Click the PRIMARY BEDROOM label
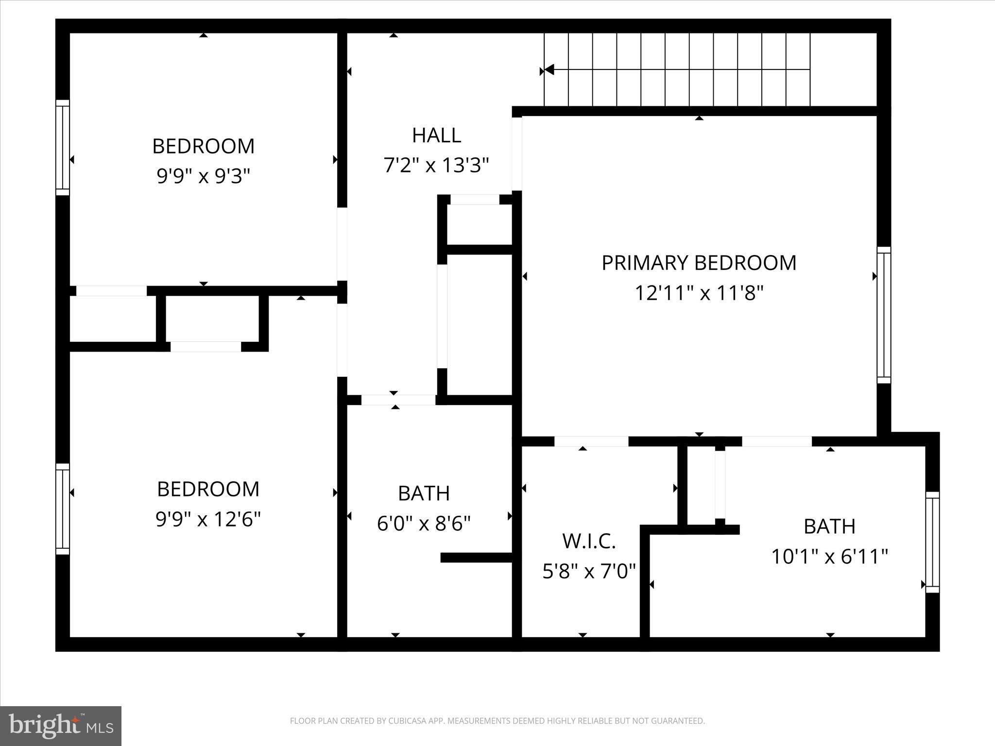tap(699, 263)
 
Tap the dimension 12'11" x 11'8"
tap(699, 293)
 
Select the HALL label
tap(436, 135)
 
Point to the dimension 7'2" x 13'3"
tap(436, 165)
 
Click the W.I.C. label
tap(589, 541)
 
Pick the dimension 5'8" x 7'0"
tap(589, 571)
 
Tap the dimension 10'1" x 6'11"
tap(829, 556)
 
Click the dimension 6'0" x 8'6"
tap(424, 524)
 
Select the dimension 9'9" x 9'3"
tap(203, 176)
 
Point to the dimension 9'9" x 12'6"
tap(208, 519)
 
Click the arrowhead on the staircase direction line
tap(549, 70)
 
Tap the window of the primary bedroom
tap(884, 315)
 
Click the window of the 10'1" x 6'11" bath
tap(932, 542)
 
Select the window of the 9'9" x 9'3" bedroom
tap(63, 148)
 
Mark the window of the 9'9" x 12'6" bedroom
tap(63, 509)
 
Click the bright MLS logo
tap(61, 726)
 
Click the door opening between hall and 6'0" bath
tap(398, 400)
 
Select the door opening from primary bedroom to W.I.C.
tap(591, 441)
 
